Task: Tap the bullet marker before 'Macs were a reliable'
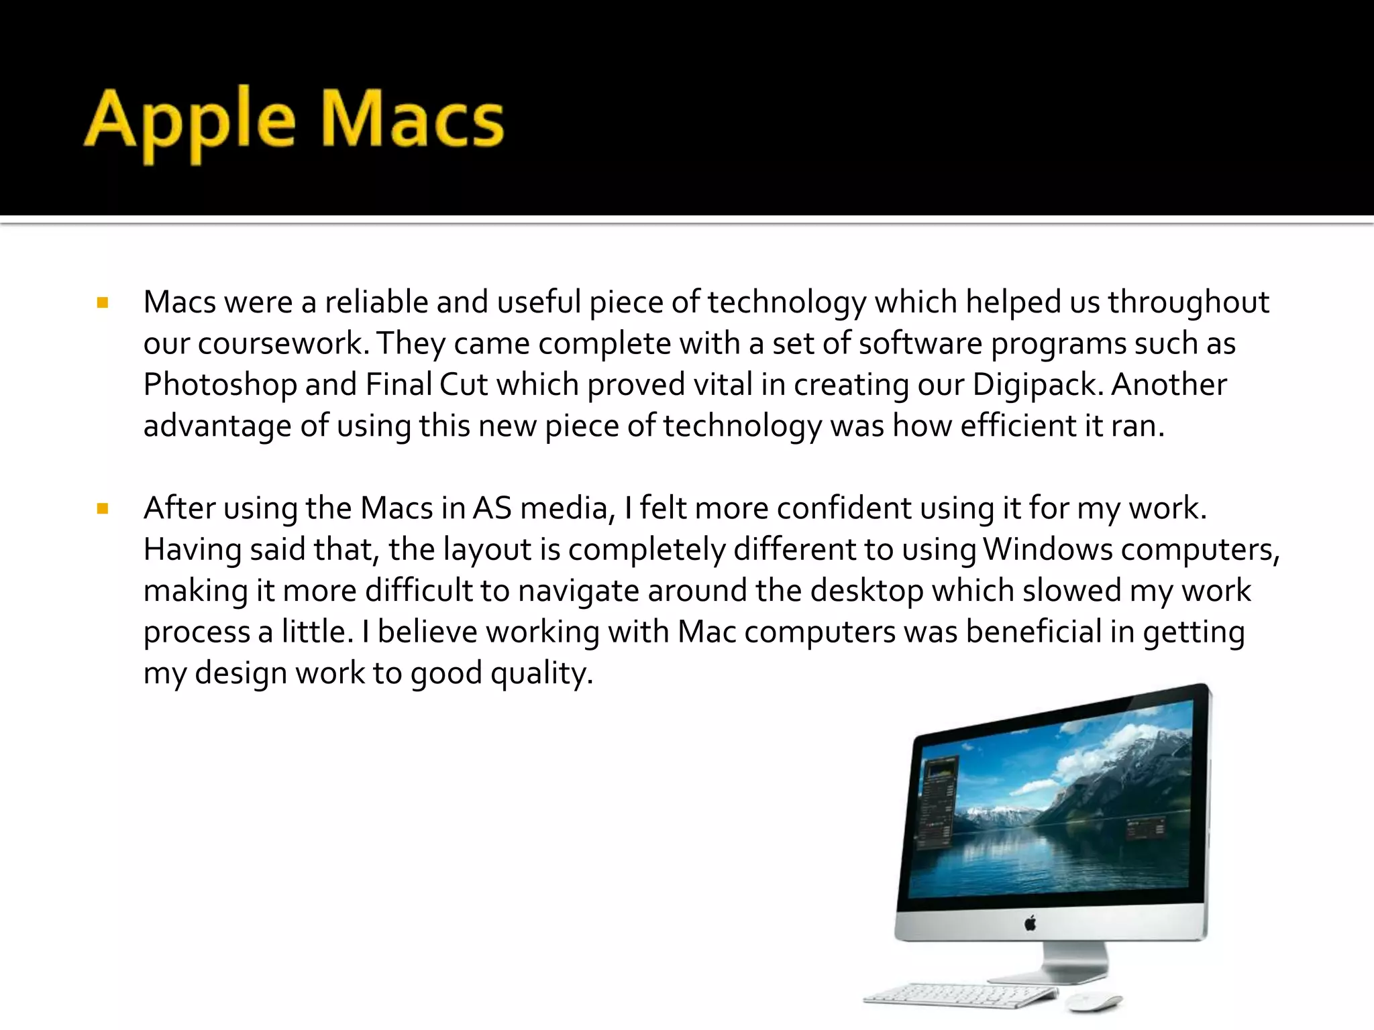point(103,303)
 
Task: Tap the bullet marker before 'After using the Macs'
point(103,509)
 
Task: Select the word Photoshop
point(220,386)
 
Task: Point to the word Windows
point(1047,550)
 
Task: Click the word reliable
point(376,302)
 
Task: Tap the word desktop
point(866,591)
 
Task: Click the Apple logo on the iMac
point(1030,924)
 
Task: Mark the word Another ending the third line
point(1169,385)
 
